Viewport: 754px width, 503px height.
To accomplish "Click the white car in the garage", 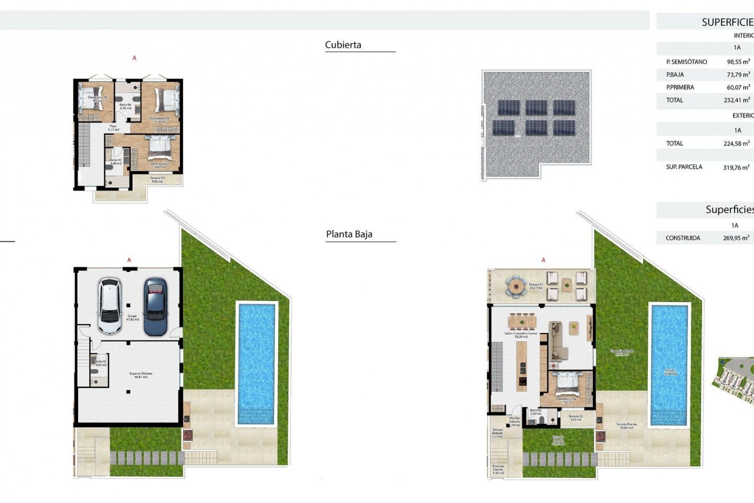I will click(x=110, y=306).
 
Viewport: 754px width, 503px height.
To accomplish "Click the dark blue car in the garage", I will click(x=156, y=307).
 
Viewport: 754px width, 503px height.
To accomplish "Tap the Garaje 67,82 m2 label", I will click(x=132, y=318).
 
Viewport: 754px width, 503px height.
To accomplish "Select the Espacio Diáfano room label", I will click(x=141, y=375).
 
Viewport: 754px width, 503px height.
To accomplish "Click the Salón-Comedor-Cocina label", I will click(x=521, y=335).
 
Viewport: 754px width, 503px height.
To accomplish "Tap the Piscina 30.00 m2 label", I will click(x=670, y=372).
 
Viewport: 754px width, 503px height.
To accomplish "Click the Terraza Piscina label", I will click(x=626, y=426).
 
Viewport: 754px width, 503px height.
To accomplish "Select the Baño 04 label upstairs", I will click(x=125, y=106).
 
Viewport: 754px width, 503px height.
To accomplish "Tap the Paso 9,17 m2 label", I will click(x=113, y=128).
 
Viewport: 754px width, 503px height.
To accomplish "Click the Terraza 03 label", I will click(x=157, y=180).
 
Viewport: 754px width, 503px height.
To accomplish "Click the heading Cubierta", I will click(x=343, y=45).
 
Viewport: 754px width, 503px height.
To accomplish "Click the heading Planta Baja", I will click(x=349, y=234).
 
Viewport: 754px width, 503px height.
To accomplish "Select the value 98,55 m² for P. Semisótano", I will click(x=738, y=62).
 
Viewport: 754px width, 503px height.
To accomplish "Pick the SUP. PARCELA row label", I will click(x=684, y=167).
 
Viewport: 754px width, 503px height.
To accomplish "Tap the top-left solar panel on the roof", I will click(x=509, y=107).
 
